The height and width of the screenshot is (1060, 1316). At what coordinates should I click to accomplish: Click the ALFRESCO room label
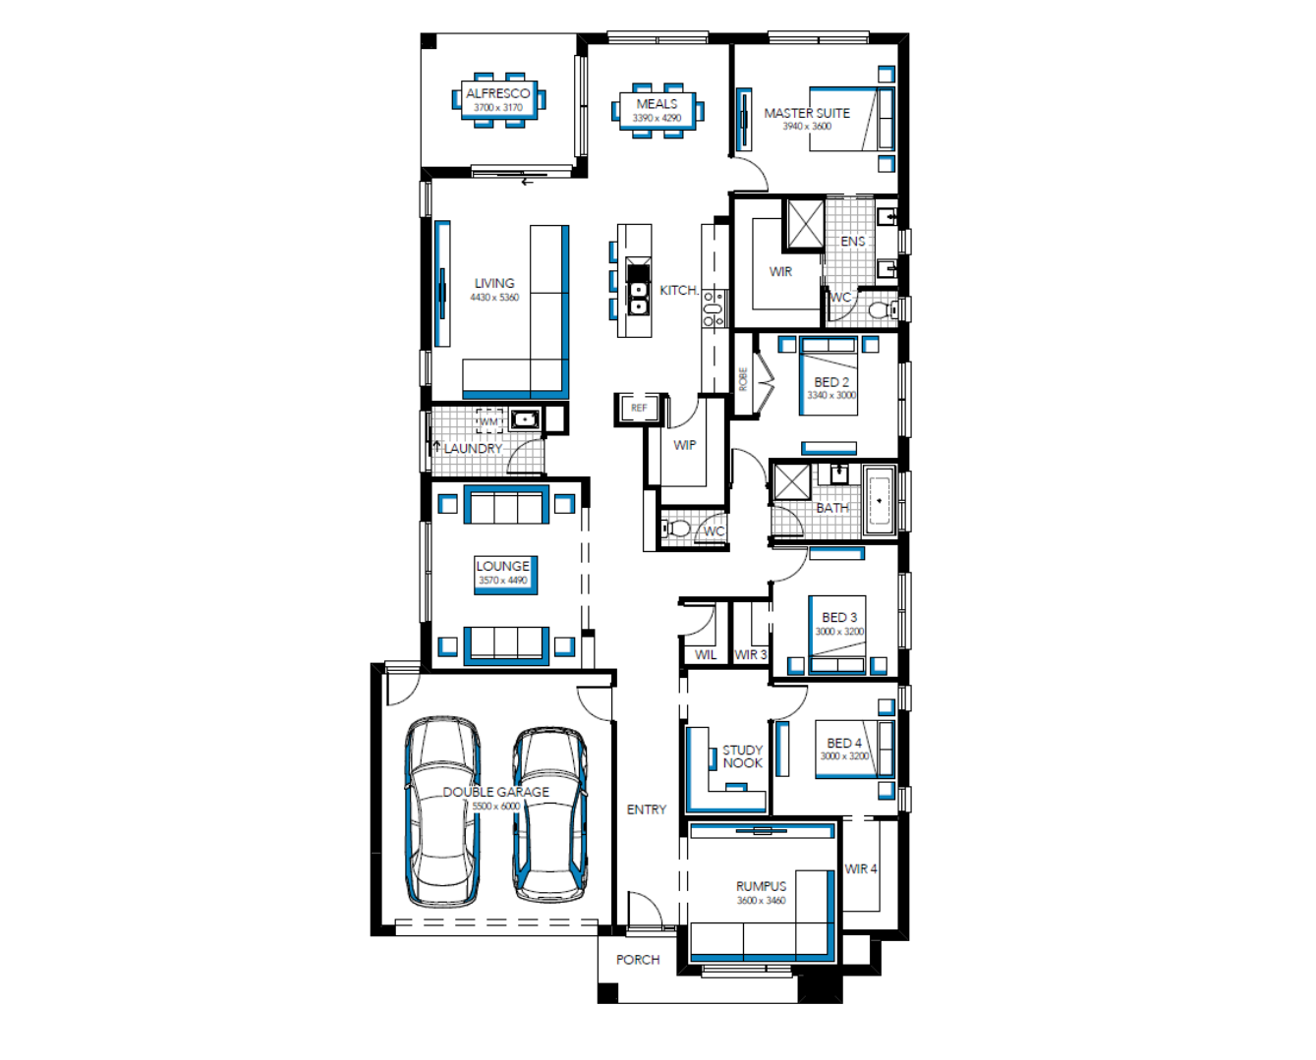[497, 93]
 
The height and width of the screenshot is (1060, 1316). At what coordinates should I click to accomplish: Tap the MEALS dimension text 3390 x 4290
[657, 118]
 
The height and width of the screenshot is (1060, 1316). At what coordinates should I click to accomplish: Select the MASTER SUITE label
[807, 113]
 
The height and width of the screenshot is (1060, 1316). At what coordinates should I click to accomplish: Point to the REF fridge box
[639, 408]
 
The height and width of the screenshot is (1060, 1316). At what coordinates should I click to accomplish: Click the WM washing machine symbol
[489, 421]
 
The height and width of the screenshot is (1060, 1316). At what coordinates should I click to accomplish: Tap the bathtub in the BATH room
[880, 501]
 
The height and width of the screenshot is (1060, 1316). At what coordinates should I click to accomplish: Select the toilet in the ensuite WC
[883, 310]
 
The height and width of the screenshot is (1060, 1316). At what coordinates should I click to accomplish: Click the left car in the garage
[442, 810]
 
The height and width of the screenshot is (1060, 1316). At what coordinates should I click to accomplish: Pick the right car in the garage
[550, 814]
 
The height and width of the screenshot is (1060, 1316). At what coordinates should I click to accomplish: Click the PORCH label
[638, 960]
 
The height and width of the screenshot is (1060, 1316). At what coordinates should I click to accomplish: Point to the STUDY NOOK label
[742, 756]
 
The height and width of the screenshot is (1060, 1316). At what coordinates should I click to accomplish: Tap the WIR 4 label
[860, 868]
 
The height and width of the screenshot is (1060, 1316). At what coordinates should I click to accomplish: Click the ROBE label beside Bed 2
[743, 379]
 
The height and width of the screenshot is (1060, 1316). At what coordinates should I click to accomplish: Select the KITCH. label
[679, 291]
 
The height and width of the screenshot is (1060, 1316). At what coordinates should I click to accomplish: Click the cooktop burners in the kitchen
[713, 308]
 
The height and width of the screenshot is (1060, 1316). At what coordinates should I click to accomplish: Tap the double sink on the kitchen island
[638, 298]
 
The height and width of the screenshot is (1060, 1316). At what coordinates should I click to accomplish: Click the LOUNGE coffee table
[506, 575]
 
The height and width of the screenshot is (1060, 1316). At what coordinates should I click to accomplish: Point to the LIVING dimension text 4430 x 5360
[494, 298]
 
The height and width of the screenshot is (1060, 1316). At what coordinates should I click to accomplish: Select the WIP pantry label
[684, 445]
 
